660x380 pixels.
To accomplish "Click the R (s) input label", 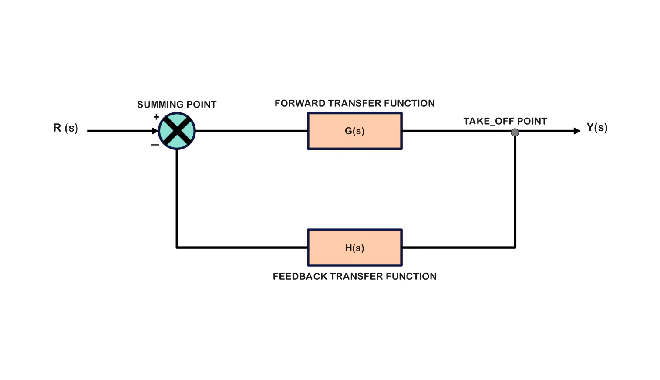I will pyautogui.click(x=66, y=128).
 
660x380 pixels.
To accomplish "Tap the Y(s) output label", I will pyautogui.click(x=597, y=127).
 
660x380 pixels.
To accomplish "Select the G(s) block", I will pyautogui.click(x=354, y=131).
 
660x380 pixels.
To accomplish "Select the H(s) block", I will pyautogui.click(x=354, y=248).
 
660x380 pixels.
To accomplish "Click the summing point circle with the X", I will pyautogui.click(x=177, y=131).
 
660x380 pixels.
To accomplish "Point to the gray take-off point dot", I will pyautogui.click(x=515, y=132).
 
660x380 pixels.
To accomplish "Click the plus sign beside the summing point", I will pyautogui.click(x=156, y=117).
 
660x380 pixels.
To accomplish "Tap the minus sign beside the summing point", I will pyautogui.click(x=155, y=145).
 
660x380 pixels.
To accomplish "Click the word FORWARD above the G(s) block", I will pyautogui.click(x=300, y=103).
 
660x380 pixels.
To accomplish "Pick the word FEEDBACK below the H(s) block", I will pyautogui.click(x=300, y=276).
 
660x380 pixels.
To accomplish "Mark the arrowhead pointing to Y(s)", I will pyautogui.click(x=577, y=131).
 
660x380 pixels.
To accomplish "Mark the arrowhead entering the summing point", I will pyautogui.click(x=155, y=131).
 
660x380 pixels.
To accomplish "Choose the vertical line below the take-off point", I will pyautogui.click(x=515, y=192).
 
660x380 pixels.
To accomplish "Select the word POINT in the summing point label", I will pyautogui.click(x=201, y=105).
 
